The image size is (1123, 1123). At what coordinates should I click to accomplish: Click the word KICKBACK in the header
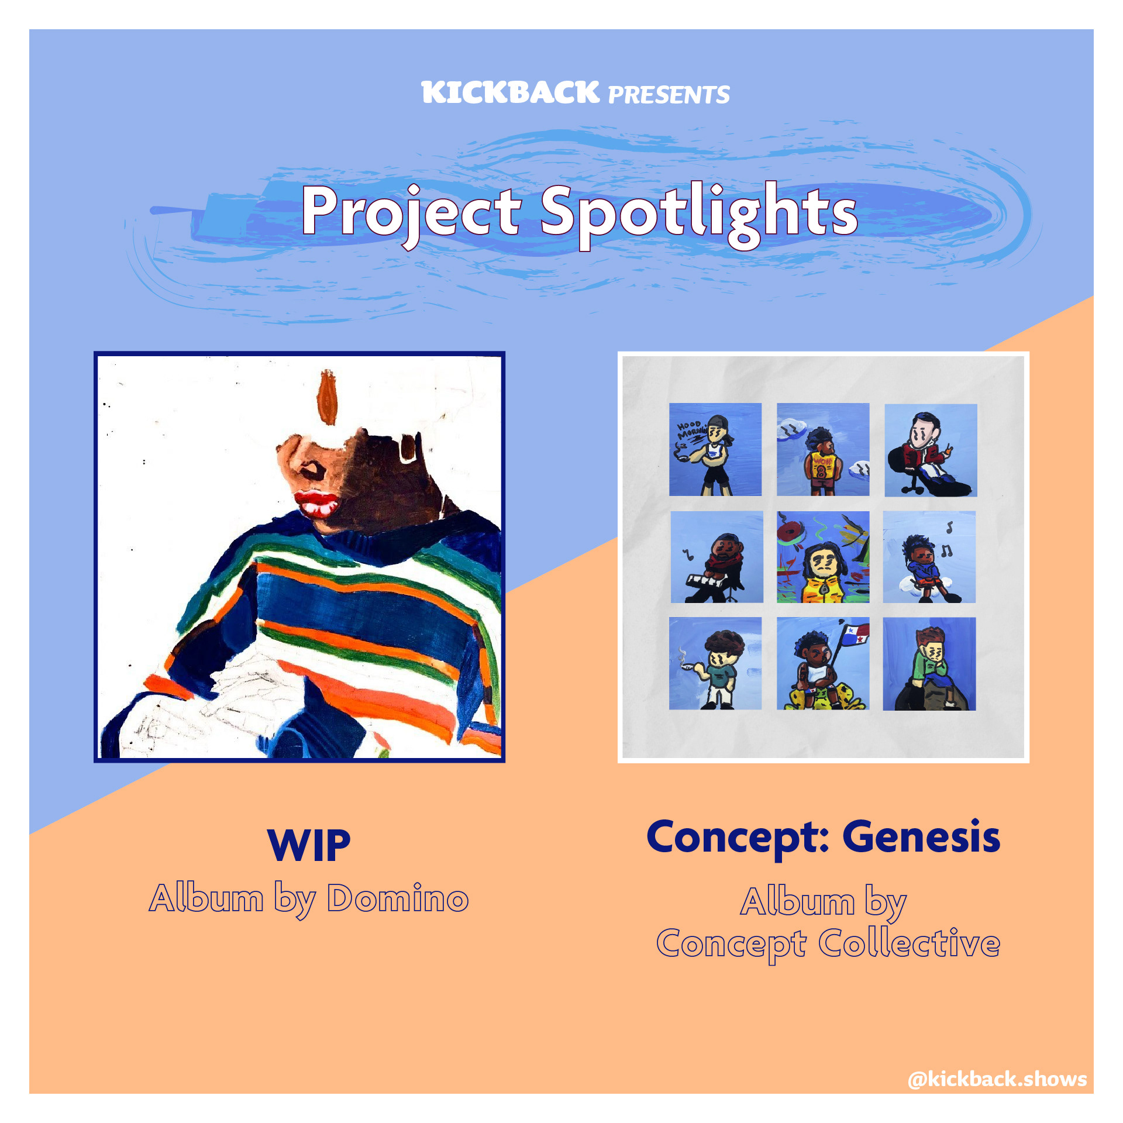(x=510, y=93)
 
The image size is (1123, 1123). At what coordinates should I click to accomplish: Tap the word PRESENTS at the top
(x=669, y=95)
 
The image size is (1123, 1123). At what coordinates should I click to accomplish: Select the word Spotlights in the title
(x=698, y=214)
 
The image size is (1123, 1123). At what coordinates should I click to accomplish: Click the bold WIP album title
(x=309, y=845)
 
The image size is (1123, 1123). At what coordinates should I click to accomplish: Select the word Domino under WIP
(x=398, y=898)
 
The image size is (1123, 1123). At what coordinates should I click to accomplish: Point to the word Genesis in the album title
(x=921, y=837)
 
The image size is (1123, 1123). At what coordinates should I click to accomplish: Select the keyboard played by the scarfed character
(x=707, y=582)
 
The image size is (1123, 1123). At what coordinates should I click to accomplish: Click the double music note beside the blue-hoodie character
(x=946, y=550)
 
